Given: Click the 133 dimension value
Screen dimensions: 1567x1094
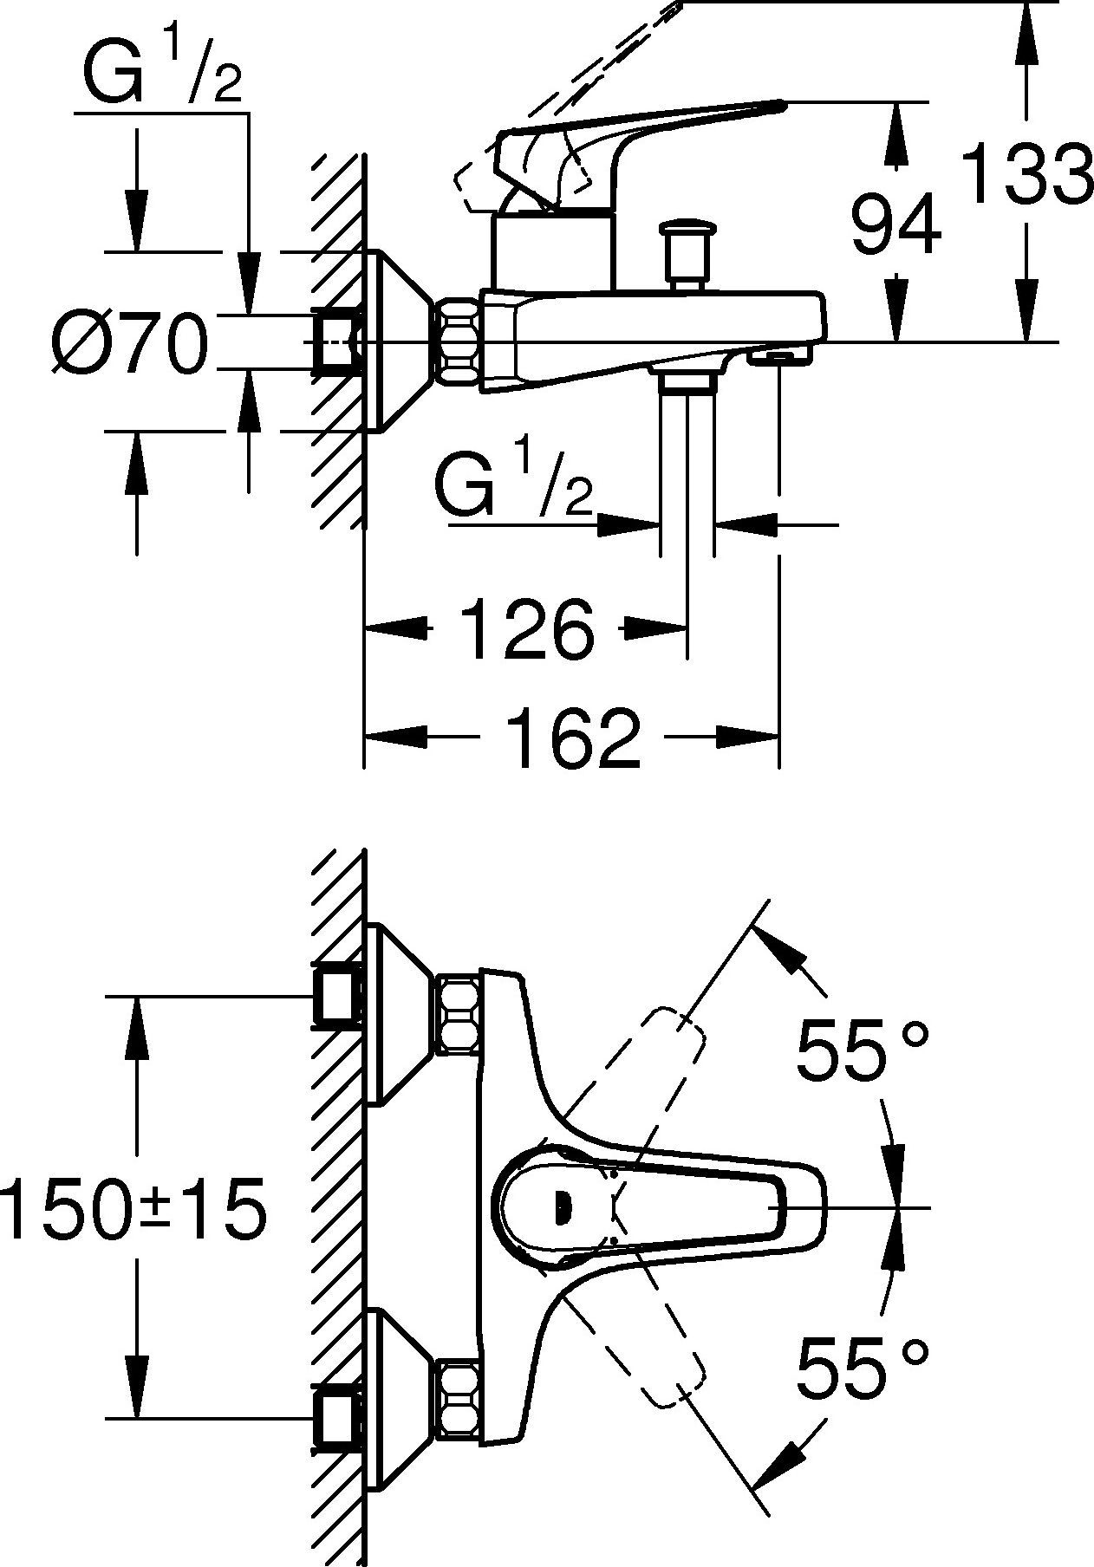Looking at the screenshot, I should click(x=1027, y=173).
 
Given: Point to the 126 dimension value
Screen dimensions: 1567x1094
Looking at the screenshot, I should click(x=526, y=628).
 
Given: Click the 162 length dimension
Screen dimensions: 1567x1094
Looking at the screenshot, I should click(x=573, y=738).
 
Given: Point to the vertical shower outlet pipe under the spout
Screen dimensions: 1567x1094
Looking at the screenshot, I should click(x=687, y=468).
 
